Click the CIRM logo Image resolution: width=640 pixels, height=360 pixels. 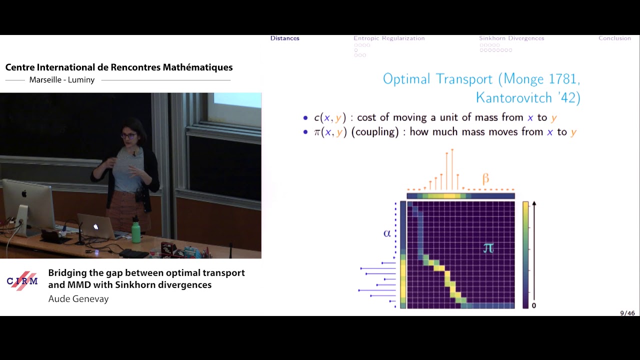(22, 281)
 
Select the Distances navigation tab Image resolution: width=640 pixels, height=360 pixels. (285, 38)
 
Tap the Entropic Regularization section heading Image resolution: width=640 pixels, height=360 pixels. (389, 38)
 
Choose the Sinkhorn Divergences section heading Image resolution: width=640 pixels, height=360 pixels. (511, 38)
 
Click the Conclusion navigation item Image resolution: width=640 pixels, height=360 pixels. (614, 38)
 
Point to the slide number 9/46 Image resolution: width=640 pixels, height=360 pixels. (627, 313)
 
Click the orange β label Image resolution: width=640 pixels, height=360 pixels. (485, 178)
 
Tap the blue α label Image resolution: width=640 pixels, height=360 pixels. (386, 233)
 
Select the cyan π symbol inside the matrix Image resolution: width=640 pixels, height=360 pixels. (488, 247)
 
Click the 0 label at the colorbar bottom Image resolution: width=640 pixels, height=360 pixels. (534, 305)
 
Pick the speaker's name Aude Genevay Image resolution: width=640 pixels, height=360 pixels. (78, 299)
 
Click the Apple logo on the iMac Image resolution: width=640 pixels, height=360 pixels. (24, 193)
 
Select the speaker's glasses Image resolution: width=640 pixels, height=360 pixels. (128, 135)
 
